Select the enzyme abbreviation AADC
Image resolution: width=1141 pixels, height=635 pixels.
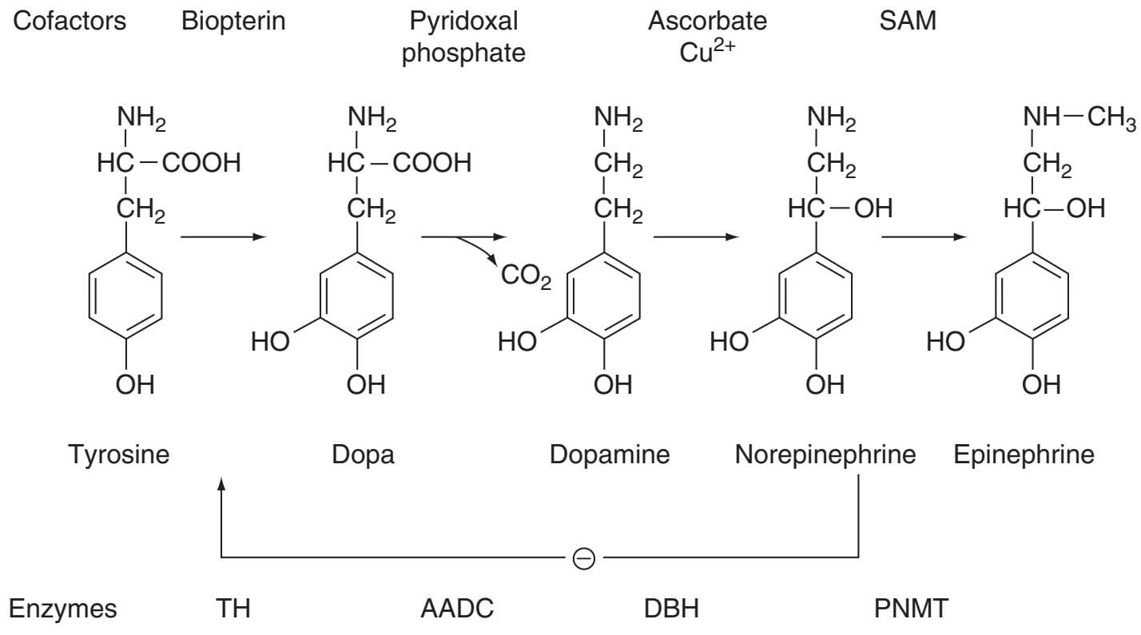[456, 609]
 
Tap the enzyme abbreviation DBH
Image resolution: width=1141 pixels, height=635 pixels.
[671, 609]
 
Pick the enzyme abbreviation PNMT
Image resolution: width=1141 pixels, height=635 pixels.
[912, 609]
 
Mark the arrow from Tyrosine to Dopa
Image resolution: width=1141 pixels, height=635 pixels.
[223, 237]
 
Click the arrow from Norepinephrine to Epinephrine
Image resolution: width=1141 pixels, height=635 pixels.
[924, 237]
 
